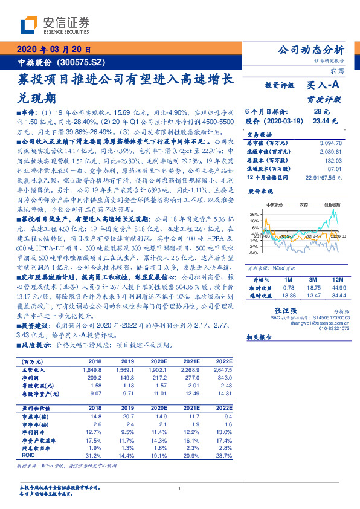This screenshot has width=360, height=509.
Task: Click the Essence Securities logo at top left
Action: pyautogui.click(x=54, y=26)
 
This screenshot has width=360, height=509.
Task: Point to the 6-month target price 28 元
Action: pyautogui.click(x=321, y=112)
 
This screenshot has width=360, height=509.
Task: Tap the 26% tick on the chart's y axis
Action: pyautogui.click(x=254, y=214)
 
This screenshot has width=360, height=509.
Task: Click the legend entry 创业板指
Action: pyautogui.click(x=333, y=204)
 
